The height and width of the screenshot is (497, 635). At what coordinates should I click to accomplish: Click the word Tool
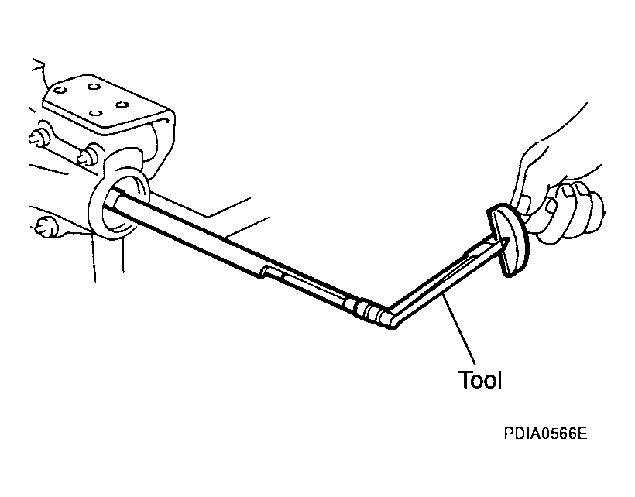(x=480, y=380)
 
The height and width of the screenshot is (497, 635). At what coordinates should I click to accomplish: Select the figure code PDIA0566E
(x=545, y=434)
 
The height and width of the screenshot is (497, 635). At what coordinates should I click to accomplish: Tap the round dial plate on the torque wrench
(x=508, y=241)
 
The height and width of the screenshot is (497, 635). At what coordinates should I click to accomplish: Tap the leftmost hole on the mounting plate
(x=60, y=90)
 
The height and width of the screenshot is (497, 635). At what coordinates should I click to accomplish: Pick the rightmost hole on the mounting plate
(x=122, y=105)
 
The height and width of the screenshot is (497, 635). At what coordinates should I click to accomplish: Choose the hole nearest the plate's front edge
(x=95, y=112)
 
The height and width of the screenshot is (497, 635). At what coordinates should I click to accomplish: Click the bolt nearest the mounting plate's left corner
(x=39, y=137)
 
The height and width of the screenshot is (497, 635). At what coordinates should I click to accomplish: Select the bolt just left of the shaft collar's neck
(x=88, y=155)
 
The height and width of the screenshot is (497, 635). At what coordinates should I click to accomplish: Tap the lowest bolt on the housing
(x=46, y=227)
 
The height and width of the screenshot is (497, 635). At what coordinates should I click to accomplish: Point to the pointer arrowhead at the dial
(x=502, y=243)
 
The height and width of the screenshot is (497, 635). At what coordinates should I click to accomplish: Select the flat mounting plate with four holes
(x=108, y=105)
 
